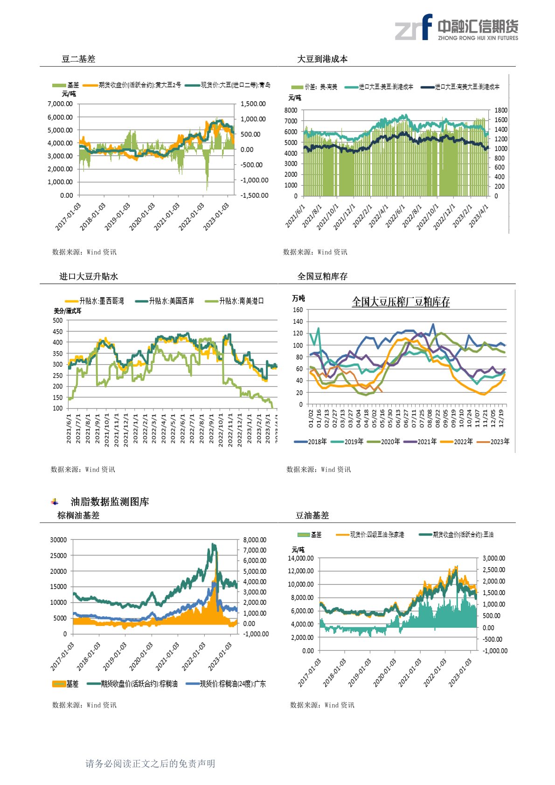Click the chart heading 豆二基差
[78, 59]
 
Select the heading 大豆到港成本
[322, 59]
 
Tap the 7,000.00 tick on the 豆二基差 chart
[60, 104]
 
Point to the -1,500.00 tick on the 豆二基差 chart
[254, 195]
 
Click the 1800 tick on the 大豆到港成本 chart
[501, 111]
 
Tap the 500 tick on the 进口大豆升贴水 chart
[58, 320]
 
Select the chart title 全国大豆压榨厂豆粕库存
[401, 302]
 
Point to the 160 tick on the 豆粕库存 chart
[298, 310]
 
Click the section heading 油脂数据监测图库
[110, 502]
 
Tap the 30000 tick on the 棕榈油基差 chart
[58, 540]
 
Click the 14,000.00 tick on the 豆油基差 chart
[300, 558]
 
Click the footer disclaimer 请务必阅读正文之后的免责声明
[150, 764]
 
